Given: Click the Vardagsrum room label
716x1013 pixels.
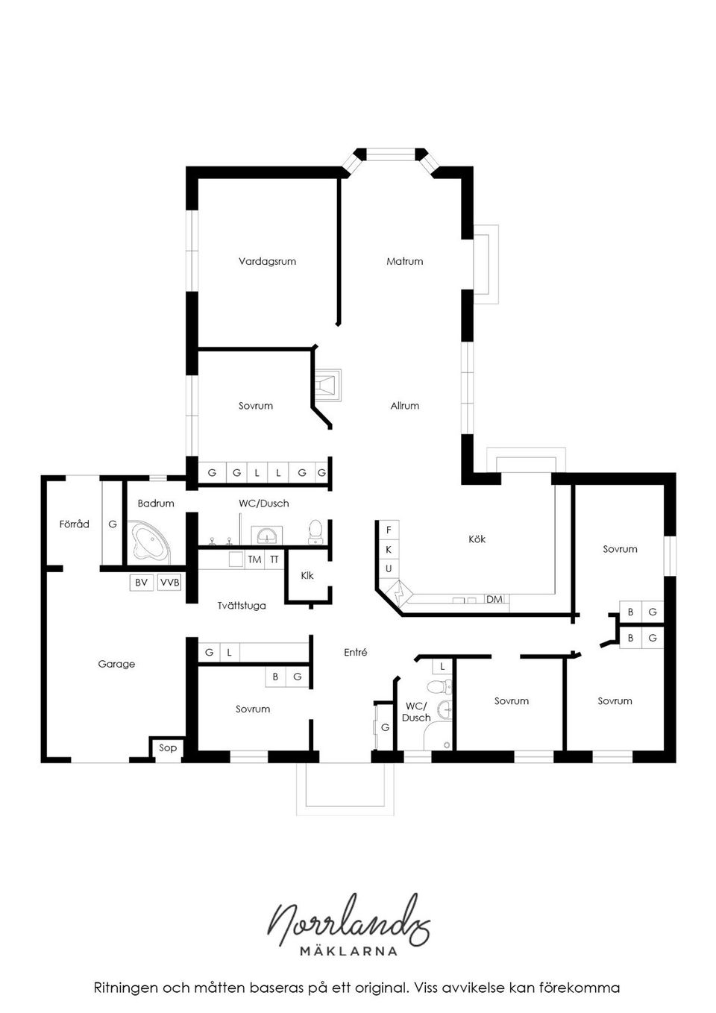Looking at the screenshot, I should (267, 261).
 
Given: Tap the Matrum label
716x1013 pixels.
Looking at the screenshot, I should (404, 261).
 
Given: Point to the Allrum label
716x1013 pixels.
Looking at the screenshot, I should (404, 406).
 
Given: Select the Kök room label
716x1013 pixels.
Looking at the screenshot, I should (477, 539).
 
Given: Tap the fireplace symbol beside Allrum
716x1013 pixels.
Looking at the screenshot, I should (327, 384).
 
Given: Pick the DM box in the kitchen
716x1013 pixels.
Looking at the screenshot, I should (494, 599).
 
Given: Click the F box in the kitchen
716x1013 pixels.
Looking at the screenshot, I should (389, 530).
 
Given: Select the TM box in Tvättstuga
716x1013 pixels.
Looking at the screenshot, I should (254, 559).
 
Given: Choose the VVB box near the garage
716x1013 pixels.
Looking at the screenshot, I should (169, 582).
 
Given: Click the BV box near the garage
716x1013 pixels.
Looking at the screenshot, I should (141, 582).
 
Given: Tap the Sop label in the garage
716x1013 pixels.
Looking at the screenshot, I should (168, 747).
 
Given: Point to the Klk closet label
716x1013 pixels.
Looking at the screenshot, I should (307, 575).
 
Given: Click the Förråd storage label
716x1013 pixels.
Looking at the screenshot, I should (74, 524).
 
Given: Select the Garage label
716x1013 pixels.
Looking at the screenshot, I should (116, 664).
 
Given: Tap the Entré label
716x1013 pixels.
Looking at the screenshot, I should (355, 652).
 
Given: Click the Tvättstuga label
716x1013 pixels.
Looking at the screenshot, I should (242, 606).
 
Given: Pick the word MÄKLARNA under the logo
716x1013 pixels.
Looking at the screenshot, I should (348, 951).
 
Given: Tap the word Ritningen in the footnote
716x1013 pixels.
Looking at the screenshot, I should (125, 988).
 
